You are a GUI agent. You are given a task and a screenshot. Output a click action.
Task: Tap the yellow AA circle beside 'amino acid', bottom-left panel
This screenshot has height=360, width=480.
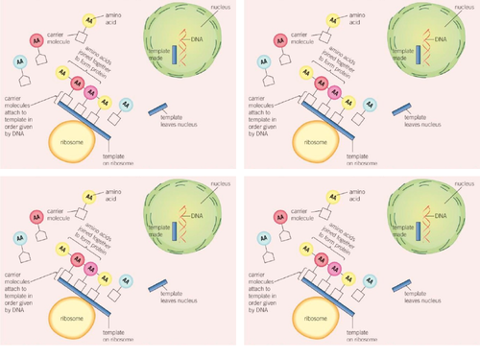pyautogui.click(x=87, y=200)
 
